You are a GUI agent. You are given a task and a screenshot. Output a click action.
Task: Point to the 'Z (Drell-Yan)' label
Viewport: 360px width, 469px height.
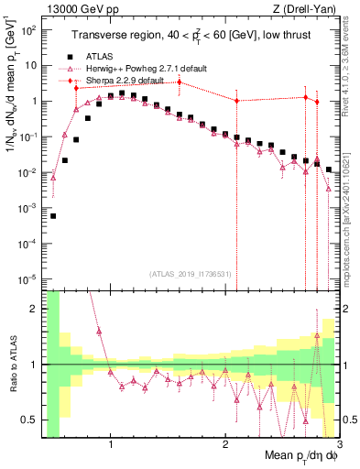point(309,7)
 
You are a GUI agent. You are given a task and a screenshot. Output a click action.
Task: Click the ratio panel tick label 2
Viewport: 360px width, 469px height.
point(33,309)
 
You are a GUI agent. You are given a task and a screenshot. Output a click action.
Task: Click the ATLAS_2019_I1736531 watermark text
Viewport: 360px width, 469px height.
point(189,274)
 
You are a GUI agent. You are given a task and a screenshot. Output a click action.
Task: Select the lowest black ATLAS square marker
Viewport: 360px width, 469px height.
point(53,216)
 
